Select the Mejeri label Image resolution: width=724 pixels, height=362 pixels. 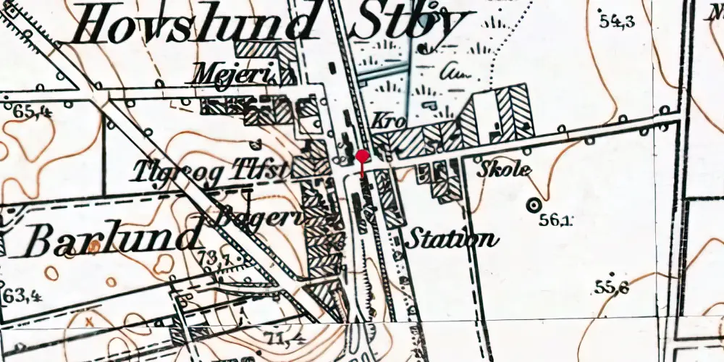coord(224,72)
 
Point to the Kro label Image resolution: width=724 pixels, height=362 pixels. coord(385,120)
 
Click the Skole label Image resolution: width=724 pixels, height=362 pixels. coord(505,171)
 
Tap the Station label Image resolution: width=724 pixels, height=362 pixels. coord(452,238)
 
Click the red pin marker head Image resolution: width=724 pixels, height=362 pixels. coord(362,156)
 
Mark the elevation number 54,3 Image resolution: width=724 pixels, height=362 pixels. coord(617,21)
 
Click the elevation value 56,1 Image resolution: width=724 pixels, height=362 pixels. coord(555,221)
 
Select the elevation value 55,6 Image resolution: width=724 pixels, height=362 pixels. coord(611,288)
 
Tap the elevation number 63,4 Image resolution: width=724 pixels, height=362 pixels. coord(21,296)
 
